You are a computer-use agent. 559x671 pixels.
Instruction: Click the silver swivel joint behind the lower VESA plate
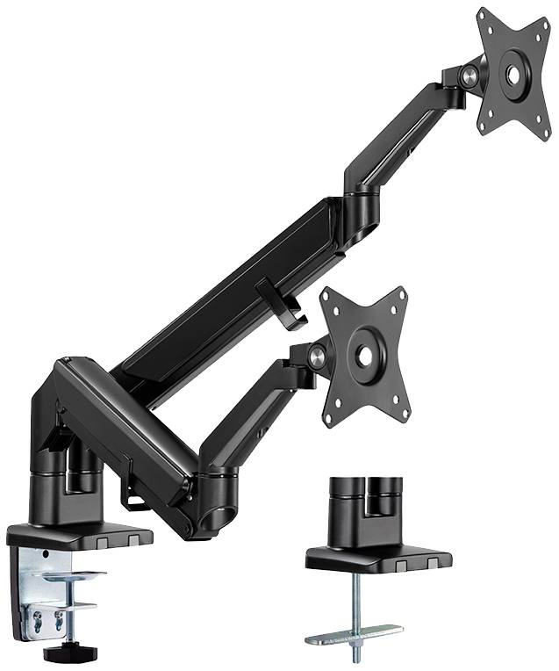pyautogui.click(x=316, y=356)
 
